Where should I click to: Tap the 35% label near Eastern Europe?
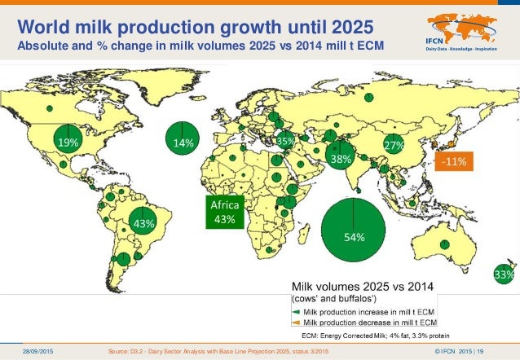tap(285, 141)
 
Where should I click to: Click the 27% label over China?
tap(394, 145)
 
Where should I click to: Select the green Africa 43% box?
tap(224, 212)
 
